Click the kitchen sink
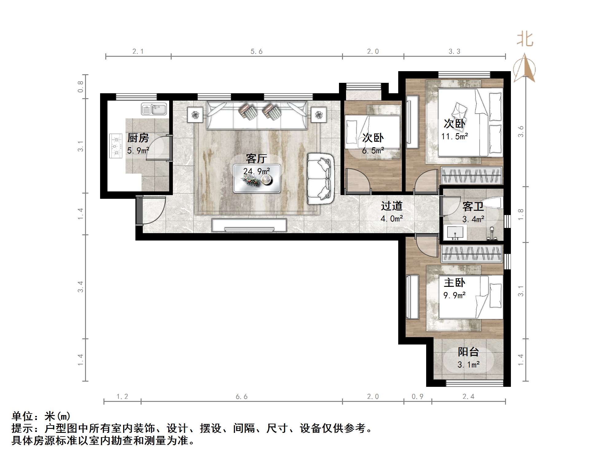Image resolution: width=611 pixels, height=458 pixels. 154,109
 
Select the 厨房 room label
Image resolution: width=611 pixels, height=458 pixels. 138,138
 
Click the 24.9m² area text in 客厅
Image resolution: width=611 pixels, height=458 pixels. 257,171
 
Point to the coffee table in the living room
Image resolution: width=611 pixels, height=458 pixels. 257,179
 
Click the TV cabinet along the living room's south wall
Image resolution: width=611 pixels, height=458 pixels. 249,225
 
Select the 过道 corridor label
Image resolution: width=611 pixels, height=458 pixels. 391,206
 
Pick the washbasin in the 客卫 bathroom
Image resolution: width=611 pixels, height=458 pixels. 455,233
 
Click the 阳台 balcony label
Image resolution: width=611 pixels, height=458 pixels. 468,352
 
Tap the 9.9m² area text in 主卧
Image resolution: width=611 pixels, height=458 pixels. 454,295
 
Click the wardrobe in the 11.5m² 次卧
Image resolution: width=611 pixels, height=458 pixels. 472,176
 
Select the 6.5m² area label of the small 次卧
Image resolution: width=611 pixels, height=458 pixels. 373,151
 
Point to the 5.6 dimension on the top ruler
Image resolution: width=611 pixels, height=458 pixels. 256,52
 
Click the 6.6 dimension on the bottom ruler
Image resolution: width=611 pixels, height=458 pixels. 241,397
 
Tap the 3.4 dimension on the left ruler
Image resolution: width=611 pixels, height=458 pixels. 80,287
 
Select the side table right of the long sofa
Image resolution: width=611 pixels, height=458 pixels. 318,115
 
